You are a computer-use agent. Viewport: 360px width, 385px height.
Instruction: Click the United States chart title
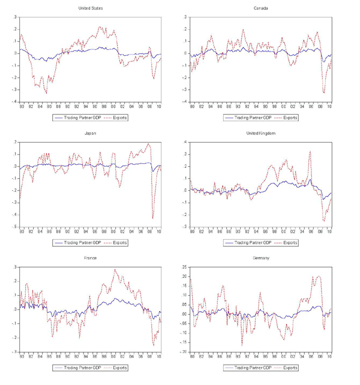click(x=90, y=8)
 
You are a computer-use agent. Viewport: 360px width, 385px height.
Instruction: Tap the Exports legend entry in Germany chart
click(x=290, y=367)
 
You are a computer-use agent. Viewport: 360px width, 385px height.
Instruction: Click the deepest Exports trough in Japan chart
click(x=153, y=218)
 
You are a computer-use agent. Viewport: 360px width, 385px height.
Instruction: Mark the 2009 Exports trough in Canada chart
click(x=324, y=92)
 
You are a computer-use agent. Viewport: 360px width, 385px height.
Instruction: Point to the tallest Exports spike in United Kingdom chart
click(x=310, y=151)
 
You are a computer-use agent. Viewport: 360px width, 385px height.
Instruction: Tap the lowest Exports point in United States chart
click(x=46, y=93)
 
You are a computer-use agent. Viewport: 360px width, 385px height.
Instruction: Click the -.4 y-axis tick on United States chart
click(x=14, y=101)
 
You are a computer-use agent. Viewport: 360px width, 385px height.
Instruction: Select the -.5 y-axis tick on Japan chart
click(x=14, y=227)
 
